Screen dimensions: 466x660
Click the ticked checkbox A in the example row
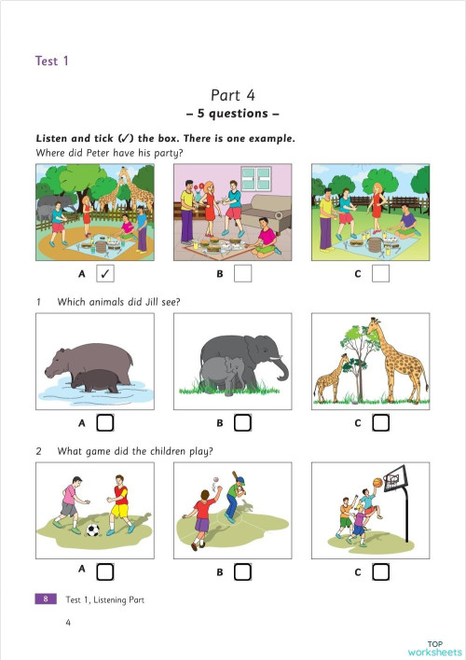[105, 273]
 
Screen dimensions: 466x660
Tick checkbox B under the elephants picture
[242, 422]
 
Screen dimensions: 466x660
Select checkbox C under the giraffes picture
[380, 422]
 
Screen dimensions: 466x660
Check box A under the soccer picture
[104, 571]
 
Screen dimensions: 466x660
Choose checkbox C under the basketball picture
[380, 571]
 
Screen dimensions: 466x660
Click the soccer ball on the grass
[92, 529]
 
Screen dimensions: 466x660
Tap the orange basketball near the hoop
[377, 482]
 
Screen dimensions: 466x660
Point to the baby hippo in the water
[96, 380]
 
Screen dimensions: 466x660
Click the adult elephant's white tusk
[276, 359]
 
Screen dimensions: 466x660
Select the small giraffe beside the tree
[331, 378]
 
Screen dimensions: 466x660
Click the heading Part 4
[233, 95]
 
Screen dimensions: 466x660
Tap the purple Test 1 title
[52, 61]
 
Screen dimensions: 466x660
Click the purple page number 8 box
[46, 598]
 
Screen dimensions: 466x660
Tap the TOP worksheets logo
[434, 648]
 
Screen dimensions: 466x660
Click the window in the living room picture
[256, 178]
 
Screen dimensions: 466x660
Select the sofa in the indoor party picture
[266, 212]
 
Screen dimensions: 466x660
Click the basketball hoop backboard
[395, 477]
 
